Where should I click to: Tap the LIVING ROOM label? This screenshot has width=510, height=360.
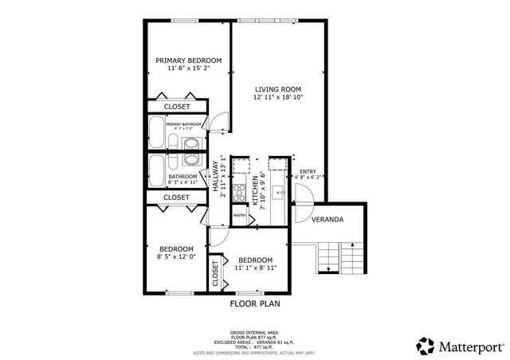[278, 88]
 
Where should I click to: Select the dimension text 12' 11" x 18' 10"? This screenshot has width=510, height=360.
[278, 97]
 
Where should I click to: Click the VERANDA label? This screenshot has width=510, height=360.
[328, 219]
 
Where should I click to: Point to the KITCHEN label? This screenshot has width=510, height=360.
[256, 192]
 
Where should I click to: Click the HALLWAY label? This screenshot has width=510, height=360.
[215, 176]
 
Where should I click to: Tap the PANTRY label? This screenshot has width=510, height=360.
[239, 216]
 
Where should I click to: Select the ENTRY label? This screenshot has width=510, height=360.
[307, 171]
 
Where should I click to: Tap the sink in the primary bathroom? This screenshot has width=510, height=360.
[192, 144]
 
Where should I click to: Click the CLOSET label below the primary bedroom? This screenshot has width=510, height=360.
[176, 107]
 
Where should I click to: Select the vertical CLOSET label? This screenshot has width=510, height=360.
[215, 272]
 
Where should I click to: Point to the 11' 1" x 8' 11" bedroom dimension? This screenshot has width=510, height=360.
[256, 269]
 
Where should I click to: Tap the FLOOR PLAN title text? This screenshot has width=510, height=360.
[255, 303]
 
